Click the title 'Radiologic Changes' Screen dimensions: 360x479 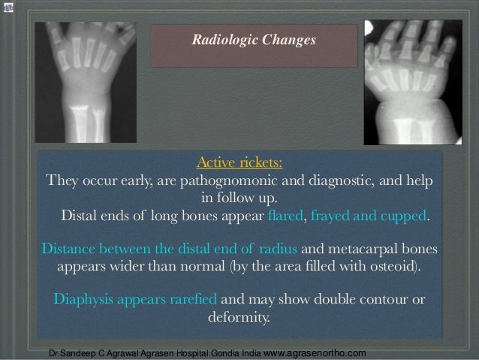pyautogui.click(x=254, y=40)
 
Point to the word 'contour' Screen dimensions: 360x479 pyautogui.click(x=386, y=300)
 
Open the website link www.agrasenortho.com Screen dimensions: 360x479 pyautogui.click(x=316, y=352)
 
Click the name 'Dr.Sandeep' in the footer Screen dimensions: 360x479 pyautogui.click(x=67, y=353)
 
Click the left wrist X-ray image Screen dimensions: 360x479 pyautogui.click(x=86, y=81)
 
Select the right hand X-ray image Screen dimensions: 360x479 pyautogui.click(x=412, y=81)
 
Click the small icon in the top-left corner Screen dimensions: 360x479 pyautogui.click(x=8, y=7)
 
